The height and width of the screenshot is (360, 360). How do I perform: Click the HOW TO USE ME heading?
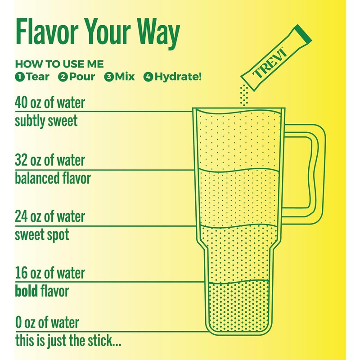coord(59,64)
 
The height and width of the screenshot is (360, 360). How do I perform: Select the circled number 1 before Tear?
coord(19,77)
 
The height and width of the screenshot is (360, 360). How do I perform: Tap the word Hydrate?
coord(178,76)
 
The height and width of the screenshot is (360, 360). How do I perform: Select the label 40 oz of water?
coord(49,103)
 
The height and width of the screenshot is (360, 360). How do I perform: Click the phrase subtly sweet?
coord(46,121)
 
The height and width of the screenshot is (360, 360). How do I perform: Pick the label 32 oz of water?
coord(49,160)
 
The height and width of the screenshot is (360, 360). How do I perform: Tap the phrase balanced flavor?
coord(53,178)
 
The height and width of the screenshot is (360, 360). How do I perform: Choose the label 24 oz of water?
coord(49,216)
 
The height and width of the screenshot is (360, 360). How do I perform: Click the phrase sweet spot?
coord(42,234)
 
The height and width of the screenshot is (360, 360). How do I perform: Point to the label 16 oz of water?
coord(49,273)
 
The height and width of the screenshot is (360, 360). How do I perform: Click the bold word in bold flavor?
coord(26,291)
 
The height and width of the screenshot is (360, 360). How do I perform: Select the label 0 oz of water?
coord(47,322)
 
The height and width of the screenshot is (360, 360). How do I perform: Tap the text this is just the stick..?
coord(67,340)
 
